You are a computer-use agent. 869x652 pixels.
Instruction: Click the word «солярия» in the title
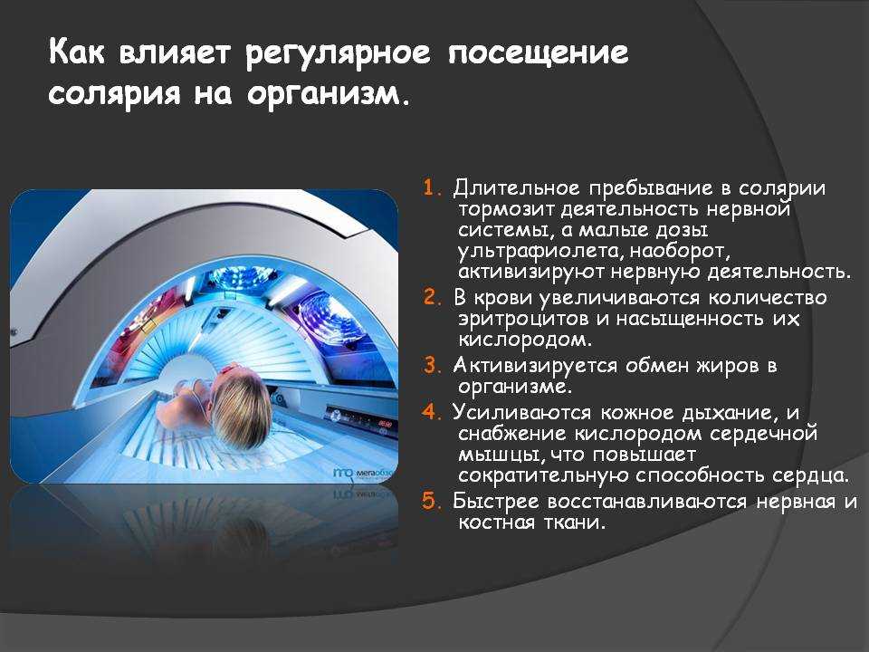tap(114, 93)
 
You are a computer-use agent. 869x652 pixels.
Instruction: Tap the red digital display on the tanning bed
tap(386, 425)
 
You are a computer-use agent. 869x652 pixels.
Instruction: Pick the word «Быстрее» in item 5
tap(496, 501)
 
